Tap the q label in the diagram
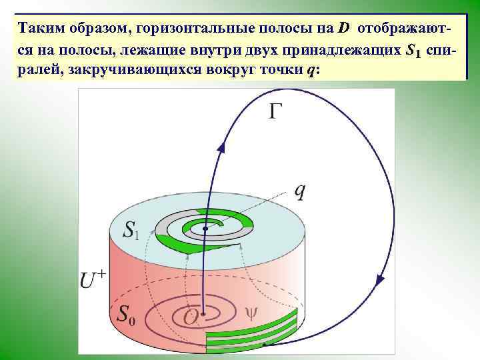click(301, 191)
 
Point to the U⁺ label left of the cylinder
click(94, 279)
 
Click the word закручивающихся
click(121, 71)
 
